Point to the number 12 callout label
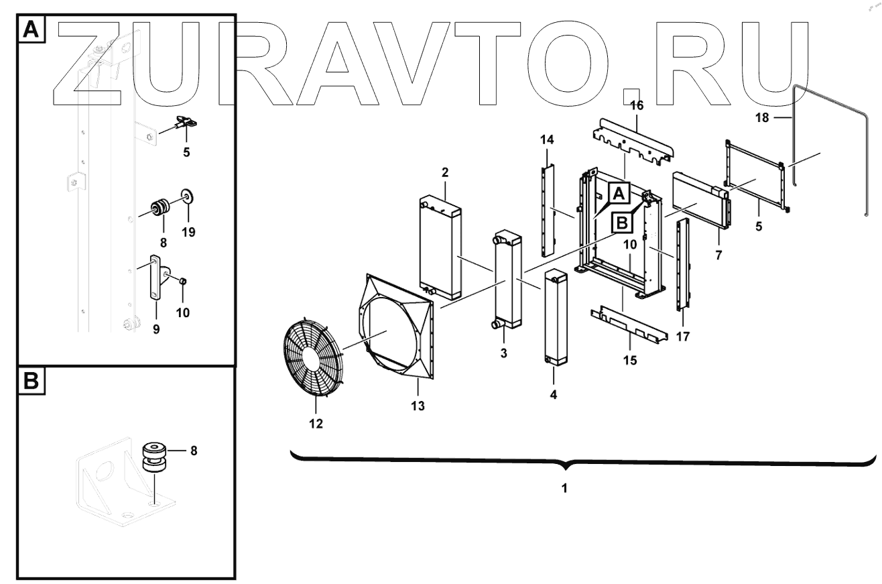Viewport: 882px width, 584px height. pyautogui.click(x=316, y=424)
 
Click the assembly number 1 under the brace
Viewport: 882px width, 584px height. pyautogui.click(x=565, y=488)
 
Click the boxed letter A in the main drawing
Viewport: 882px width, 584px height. pyautogui.click(x=619, y=194)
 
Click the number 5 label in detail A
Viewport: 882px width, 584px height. pyautogui.click(x=186, y=152)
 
